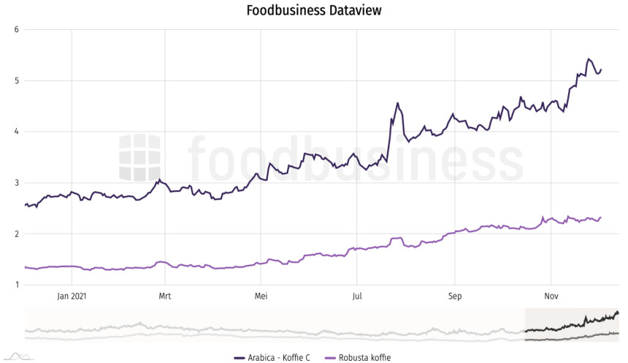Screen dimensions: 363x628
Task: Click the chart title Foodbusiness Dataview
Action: [314, 10]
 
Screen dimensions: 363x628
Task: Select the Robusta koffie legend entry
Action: [359, 357]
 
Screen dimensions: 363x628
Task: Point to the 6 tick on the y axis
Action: [16, 29]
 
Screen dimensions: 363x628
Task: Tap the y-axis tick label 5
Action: [16, 81]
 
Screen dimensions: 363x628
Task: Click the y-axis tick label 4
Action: [16, 132]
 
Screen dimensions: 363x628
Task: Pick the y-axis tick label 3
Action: [16, 183]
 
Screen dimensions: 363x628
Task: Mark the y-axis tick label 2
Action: [16, 234]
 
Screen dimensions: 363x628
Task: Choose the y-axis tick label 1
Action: [16, 285]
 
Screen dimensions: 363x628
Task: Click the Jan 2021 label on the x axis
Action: [72, 296]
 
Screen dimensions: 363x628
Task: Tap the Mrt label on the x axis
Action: [165, 296]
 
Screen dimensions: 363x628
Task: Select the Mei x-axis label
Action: [261, 296]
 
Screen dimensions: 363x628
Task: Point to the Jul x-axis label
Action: [356, 296]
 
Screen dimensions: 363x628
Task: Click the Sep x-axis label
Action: [455, 296]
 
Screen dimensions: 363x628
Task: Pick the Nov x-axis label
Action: [551, 296]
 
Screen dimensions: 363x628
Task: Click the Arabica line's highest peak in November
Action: [588, 59]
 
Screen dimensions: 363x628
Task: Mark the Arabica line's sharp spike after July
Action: [397, 103]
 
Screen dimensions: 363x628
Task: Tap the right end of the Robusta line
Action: [600, 217]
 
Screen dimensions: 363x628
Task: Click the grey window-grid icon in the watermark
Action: [141, 157]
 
